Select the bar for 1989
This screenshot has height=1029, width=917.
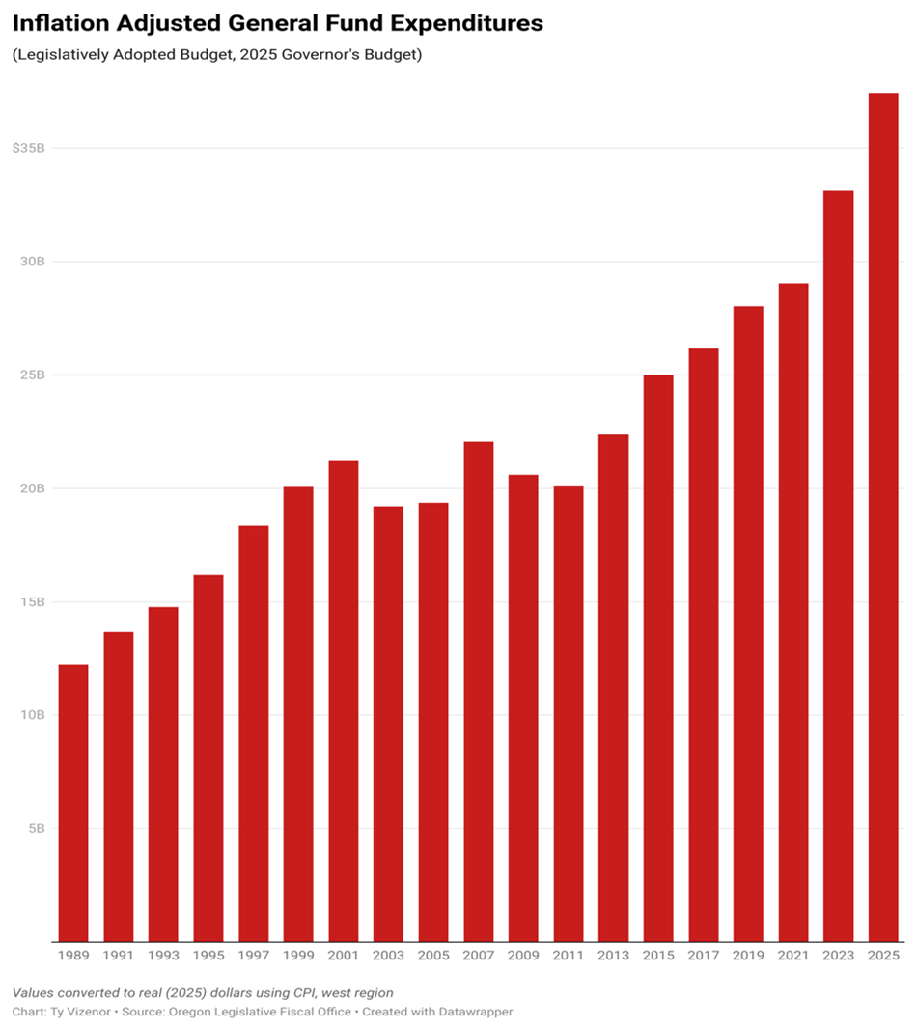pyautogui.click(x=73, y=802)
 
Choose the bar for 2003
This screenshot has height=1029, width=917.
pyautogui.click(x=388, y=723)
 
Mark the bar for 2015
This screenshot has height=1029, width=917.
pyautogui.click(x=658, y=657)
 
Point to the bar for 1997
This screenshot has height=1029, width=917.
pyautogui.click(x=253, y=733)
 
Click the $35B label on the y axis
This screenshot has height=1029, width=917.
pyautogui.click(x=29, y=148)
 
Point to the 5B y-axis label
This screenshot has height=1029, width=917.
pyautogui.click(x=35, y=828)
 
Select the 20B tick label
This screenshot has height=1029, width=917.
pyautogui.click(x=32, y=488)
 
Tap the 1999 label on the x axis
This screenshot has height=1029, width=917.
pyautogui.click(x=298, y=955)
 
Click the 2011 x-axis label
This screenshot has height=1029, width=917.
pyautogui.click(x=569, y=955)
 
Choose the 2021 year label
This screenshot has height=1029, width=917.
pyautogui.click(x=793, y=955)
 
